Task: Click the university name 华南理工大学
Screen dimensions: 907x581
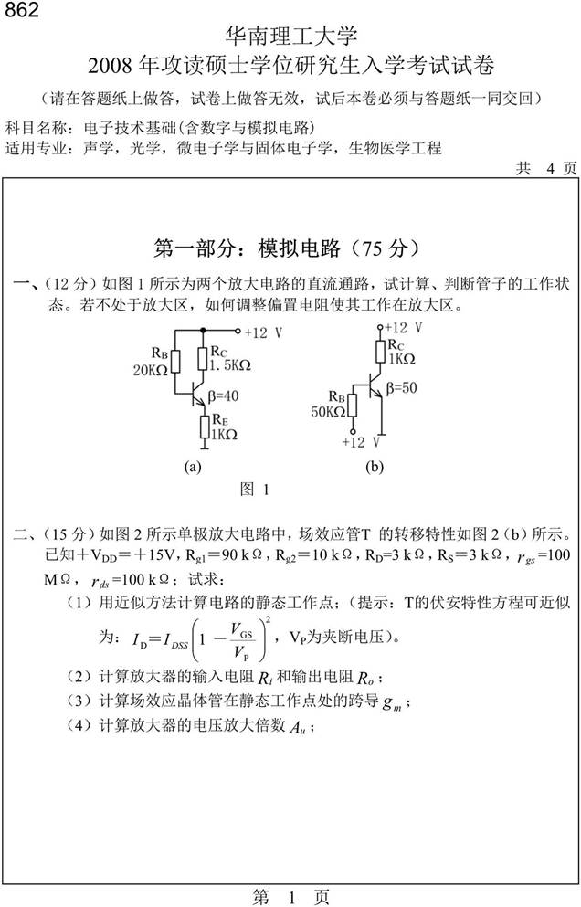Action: pos(291,37)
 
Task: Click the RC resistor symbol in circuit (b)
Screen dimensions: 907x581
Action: pos(380,353)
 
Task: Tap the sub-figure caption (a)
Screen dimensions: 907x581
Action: pos(192,466)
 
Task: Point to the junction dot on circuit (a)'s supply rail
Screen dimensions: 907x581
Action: pos(203,332)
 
